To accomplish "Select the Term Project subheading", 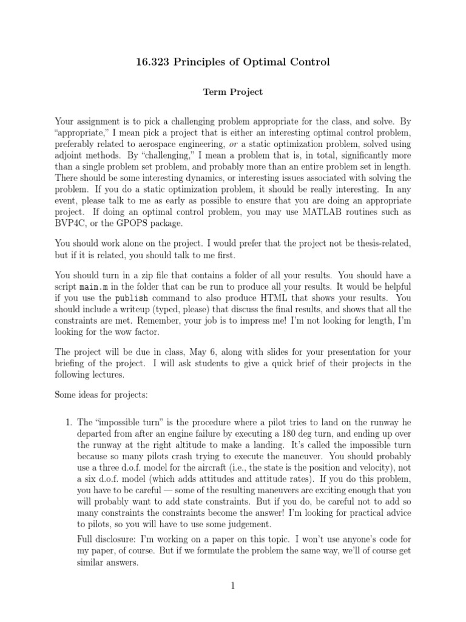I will click(x=232, y=92).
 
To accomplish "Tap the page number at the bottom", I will click(x=232, y=586).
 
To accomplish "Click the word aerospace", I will click(x=159, y=143).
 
